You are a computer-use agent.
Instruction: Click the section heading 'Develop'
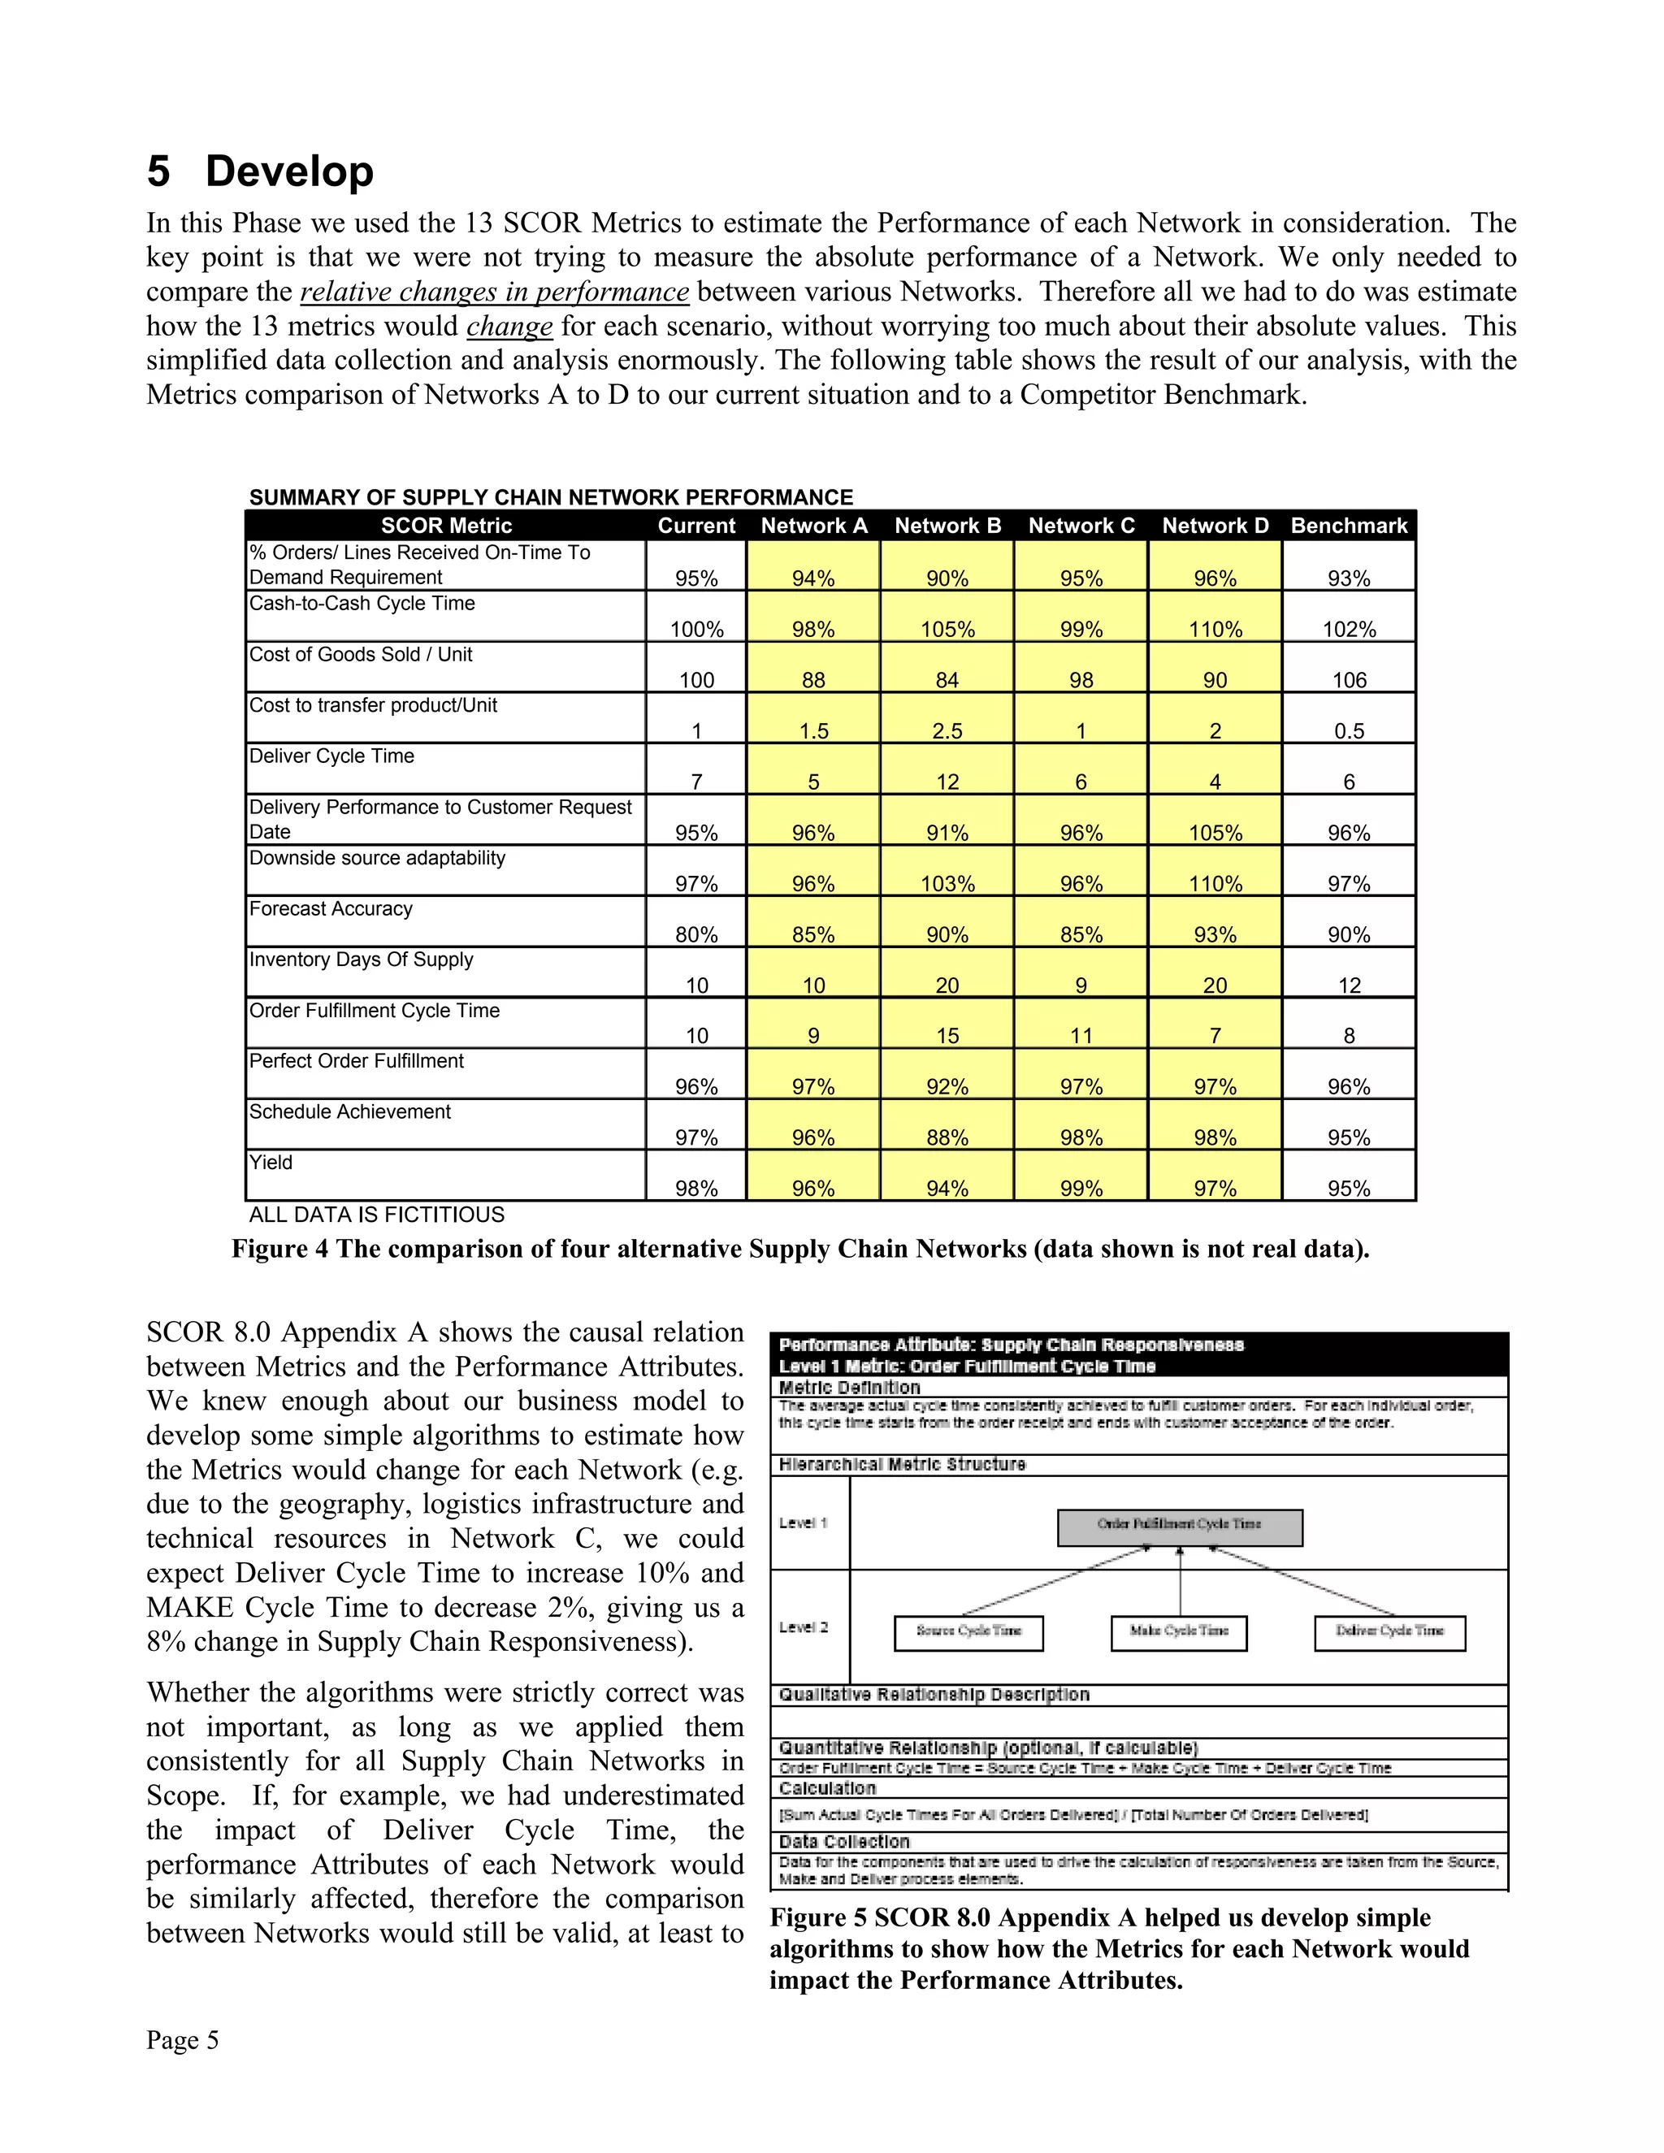tap(288, 171)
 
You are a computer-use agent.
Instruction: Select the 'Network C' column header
tap(1081, 526)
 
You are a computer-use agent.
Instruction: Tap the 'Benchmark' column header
tap(1348, 526)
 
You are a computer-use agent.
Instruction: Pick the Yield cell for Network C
tap(1081, 1188)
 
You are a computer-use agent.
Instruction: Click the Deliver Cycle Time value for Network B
tap(947, 782)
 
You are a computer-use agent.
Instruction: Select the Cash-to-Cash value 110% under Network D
tap(1215, 629)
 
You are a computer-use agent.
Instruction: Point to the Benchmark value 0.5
tap(1348, 730)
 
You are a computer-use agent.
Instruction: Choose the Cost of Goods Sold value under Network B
tap(947, 680)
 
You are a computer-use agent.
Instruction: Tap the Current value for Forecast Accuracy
tap(696, 934)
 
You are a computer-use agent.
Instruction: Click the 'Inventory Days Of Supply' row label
tap(361, 960)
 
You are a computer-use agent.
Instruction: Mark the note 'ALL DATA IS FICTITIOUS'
tap(375, 1215)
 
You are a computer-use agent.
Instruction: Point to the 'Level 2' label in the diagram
tap(803, 1627)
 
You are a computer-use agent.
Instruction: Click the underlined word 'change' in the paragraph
tap(509, 327)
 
